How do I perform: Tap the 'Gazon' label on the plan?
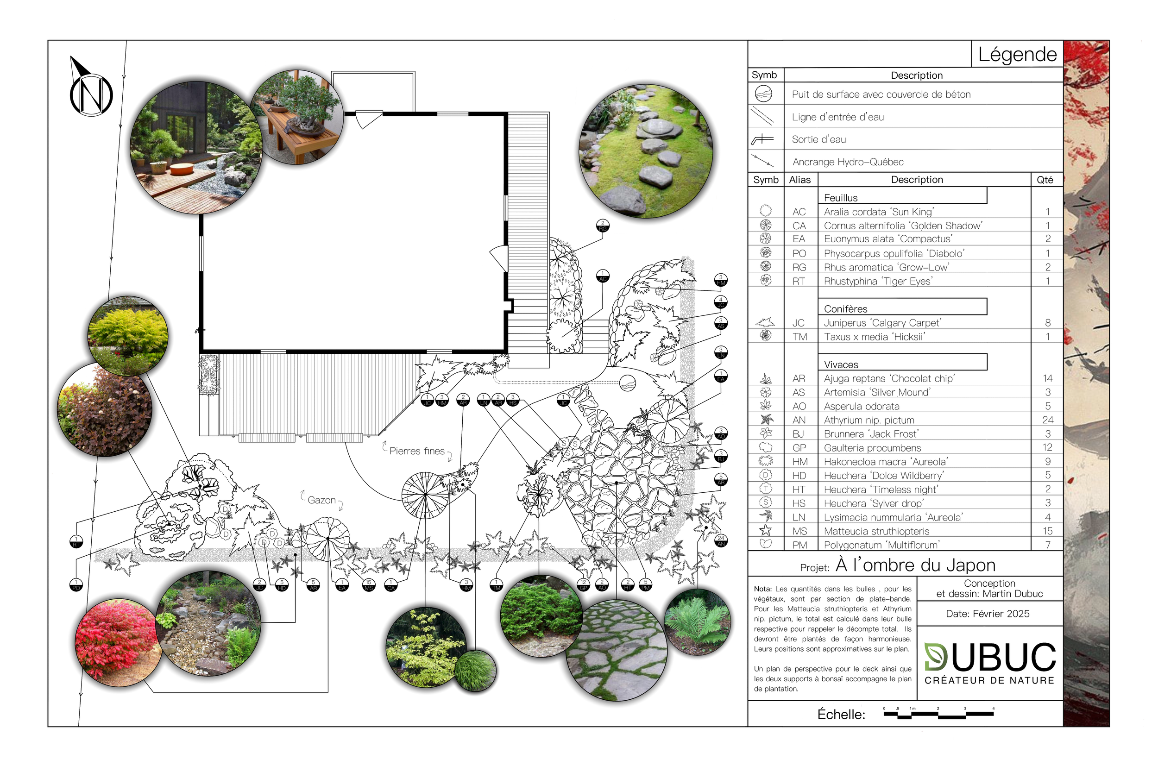point(321,500)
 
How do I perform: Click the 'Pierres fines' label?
point(416,451)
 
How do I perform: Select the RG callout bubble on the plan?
point(603,226)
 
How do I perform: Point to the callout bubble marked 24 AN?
point(721,541)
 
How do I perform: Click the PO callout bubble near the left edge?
point(76,585)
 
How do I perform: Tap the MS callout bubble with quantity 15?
point(368,585)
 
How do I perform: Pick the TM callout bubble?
point(496,585)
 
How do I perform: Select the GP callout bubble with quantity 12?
point(584,585)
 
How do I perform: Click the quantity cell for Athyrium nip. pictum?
point(1047,420)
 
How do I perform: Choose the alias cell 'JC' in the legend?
point(798,323)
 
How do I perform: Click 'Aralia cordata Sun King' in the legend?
point(879,212)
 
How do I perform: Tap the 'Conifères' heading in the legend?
point(845,309)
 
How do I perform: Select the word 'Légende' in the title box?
point(1017,54)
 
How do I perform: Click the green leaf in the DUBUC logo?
point(935,657)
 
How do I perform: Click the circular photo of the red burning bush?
point(117,642)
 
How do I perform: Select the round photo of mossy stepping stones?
point(645,151)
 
